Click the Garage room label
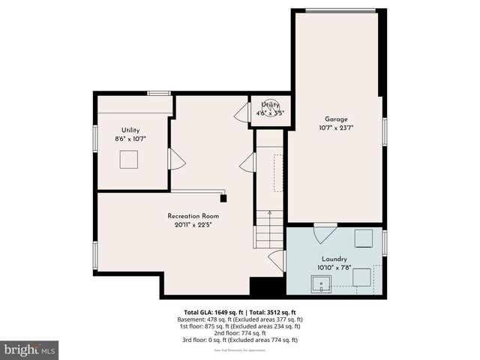pyautogui.click(x=335, y=118)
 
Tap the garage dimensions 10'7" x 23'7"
pyautogui.click(x=335, y=127)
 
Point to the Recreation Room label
pyautogui.click(x=193, y=215)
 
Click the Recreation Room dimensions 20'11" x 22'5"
pyautogui.click(x=193, y=224)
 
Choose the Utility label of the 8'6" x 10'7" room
pyautogui.click(x=130, y=130)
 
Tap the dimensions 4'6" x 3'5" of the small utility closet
pyautogui.click(x=270, y=113)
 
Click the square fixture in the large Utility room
pyautogui.click(x=130, y=159)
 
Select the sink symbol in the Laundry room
pyautogui.click(x=321, y=284)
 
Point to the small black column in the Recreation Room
pyautogui.click(x=223, y=199)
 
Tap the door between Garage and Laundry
pyautogui.click(x=324, y=232)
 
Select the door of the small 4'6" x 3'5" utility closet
pyautogui.click(x=242, y=114)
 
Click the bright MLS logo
pyautogui.click(x=30, y=349)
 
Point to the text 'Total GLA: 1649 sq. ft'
pyautogui.click(x=211, y=312)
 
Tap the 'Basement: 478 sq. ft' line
pyautogui.click(x=209, y=319)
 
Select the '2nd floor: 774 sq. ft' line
pyautogui.click(x=239, y=333)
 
